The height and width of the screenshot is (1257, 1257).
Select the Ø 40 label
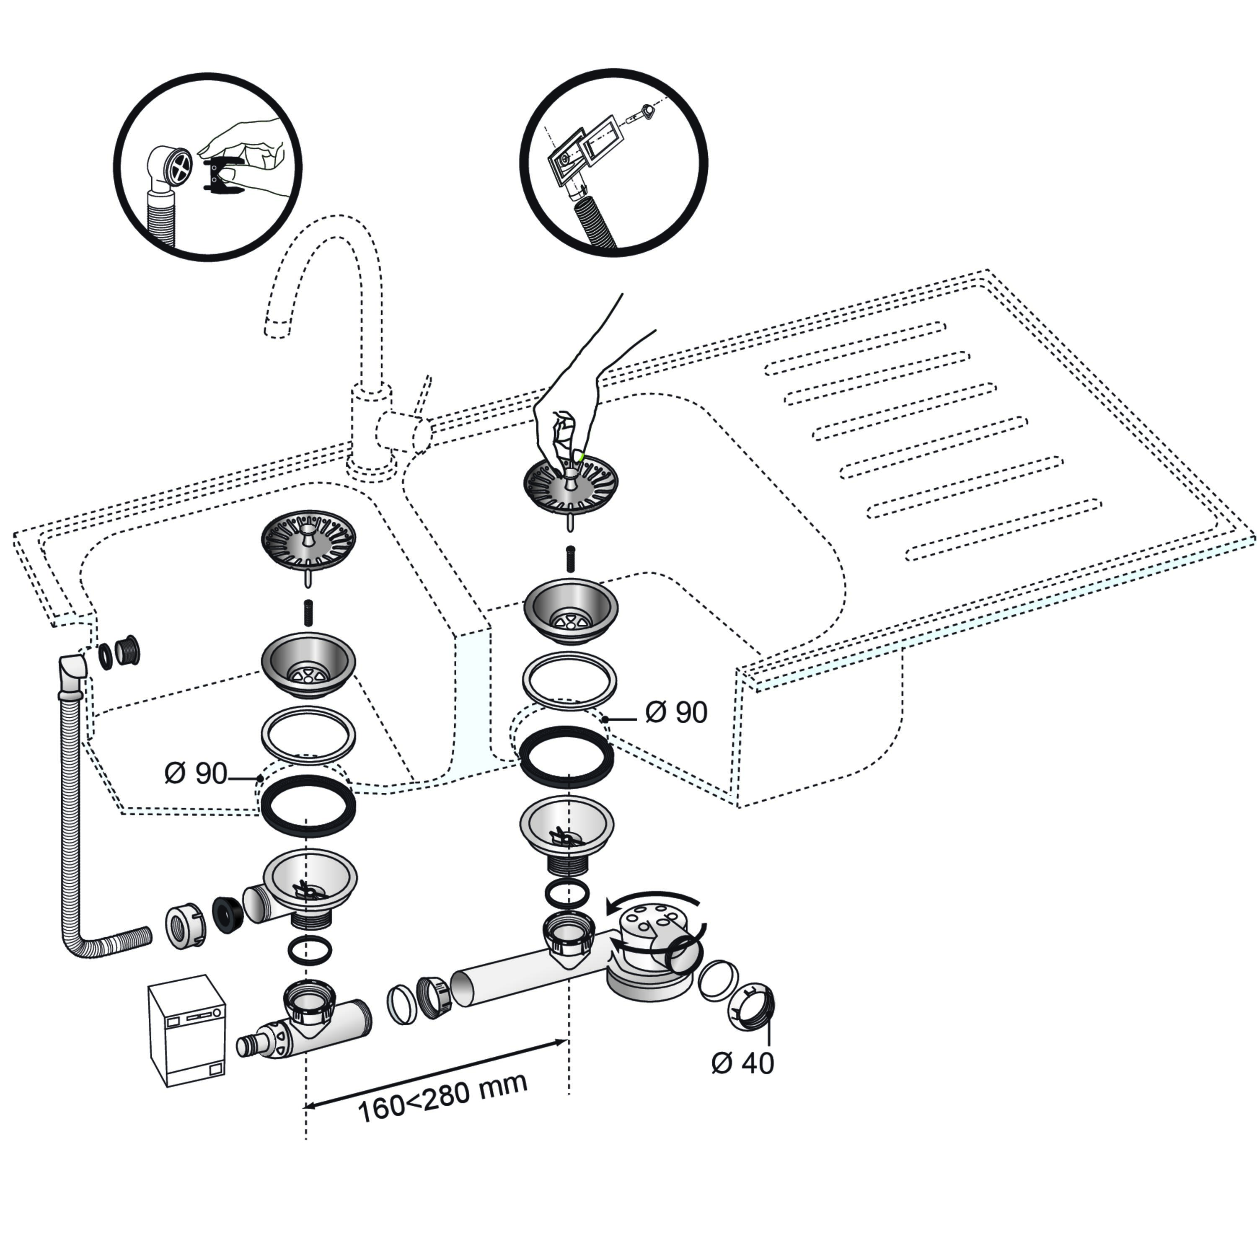coord(742,1063)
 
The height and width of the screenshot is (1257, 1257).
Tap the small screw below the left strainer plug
coord(308,613)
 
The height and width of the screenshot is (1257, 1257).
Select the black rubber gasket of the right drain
coord(566,757)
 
